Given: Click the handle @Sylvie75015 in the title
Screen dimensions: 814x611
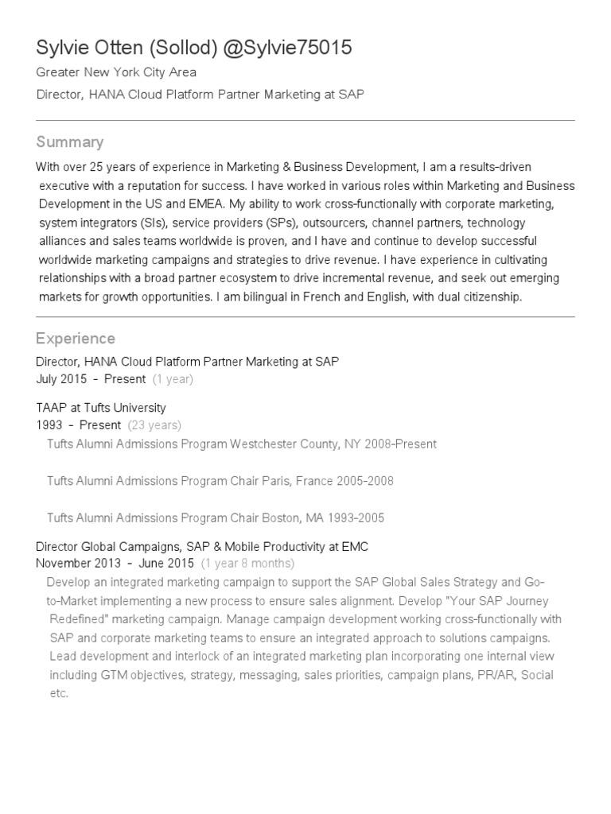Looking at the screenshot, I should coord(287,48).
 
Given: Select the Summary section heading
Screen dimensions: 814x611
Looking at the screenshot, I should coord(70,142).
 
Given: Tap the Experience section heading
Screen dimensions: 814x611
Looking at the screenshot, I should coord(76,339).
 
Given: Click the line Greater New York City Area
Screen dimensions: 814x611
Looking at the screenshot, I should coord(116,73).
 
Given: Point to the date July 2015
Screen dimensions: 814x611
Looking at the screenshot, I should coord(62,379).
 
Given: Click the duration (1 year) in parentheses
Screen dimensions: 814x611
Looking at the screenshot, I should coord(173,379).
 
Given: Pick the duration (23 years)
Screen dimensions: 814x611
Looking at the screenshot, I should coord(154,425).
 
